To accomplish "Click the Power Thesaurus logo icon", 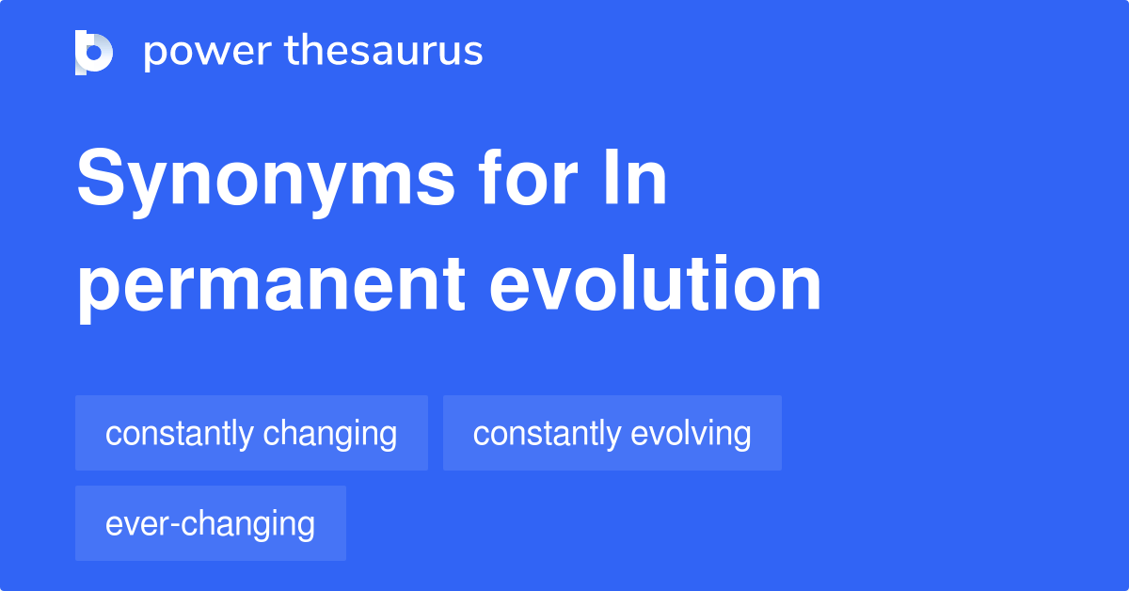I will (x=94, y=52).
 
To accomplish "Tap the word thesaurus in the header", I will (x=384, y=52).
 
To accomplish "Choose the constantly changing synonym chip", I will (x=251, y=433).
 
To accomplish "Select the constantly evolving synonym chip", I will (x=612, y=433).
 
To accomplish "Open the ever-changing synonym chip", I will (x=210, y=523).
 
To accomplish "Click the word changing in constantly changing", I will (x=330, y=435).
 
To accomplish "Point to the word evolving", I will (x=691, y=435).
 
